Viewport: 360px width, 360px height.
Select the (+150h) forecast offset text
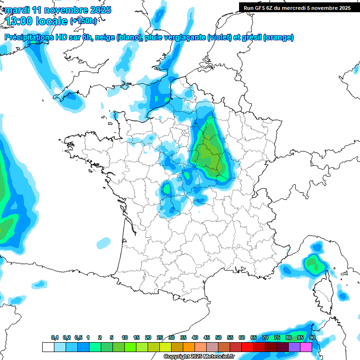tap(83, 21)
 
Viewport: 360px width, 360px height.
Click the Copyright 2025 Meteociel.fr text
tap(199, 357)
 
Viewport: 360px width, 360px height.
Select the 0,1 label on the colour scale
tap(55, 338)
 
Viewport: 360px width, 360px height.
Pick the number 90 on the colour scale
tap(312, 338)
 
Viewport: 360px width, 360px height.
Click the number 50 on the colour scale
tap(218, 338)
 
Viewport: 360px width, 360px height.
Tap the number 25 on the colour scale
tap(160, 338)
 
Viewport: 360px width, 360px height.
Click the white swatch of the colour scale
tap(48, 347)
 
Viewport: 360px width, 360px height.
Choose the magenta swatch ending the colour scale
tap(306, 347)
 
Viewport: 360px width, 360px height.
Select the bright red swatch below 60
tap(247, 347)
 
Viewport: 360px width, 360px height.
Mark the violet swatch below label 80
tap(294, 347)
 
